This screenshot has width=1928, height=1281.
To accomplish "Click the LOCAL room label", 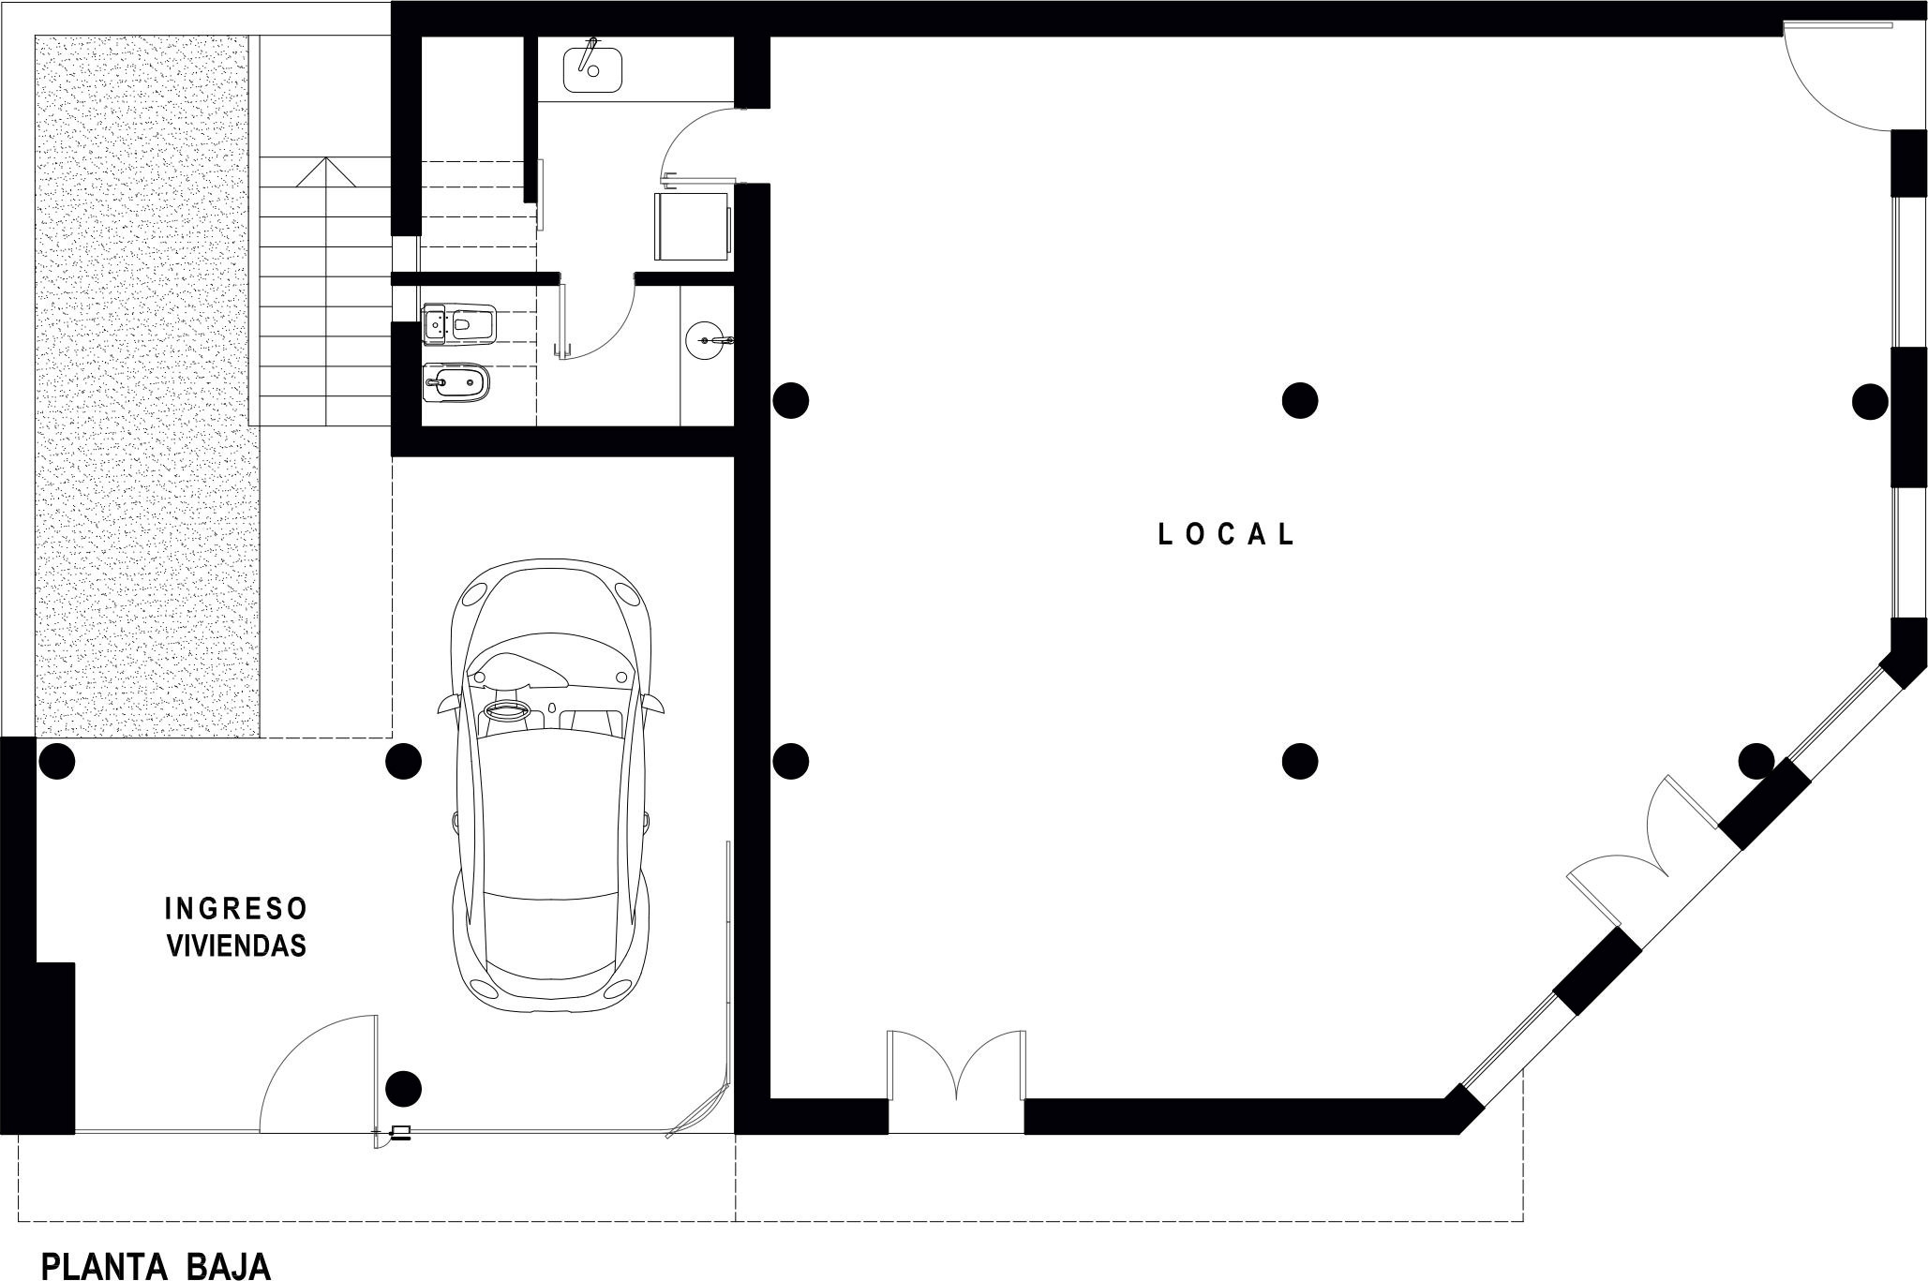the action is (1227, 534).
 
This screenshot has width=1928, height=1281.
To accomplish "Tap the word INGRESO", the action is (236, 909).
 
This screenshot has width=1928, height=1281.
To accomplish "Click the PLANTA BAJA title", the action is (157, 1266).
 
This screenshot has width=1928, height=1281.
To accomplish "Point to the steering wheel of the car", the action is (508, 713).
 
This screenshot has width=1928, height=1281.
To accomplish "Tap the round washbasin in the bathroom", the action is (709, 339).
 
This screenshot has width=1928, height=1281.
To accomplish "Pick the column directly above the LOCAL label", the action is (1299, 400).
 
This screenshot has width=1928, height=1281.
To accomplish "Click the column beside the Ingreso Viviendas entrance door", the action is (404, 1089).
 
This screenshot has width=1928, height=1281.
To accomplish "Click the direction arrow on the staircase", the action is (324, 171).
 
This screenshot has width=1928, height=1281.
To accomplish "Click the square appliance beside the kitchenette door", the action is (693, 227).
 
